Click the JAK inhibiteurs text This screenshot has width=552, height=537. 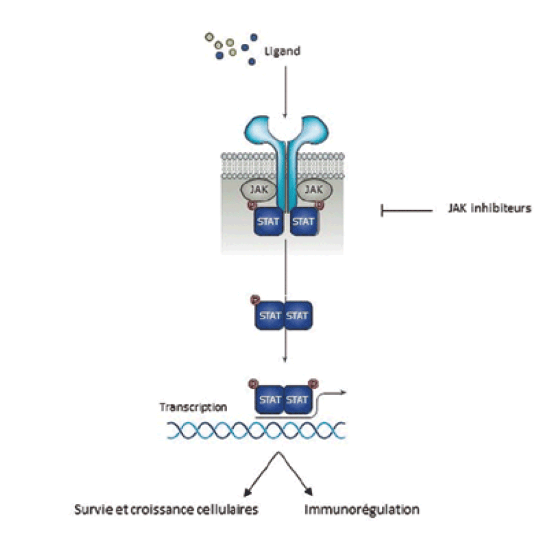coord(489,208)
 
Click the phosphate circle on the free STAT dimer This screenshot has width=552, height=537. coord(254,301)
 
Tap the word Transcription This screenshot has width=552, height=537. coord(193,407)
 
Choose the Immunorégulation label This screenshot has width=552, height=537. coord(362,510)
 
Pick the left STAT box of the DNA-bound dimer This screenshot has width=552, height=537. coord(269,400)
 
